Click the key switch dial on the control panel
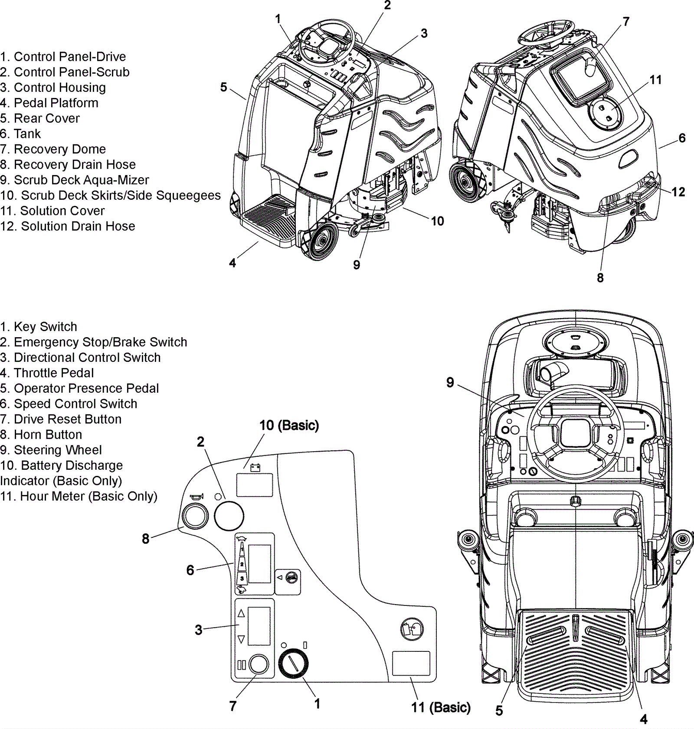(x=293, y=664)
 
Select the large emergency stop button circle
(x=229, y=516)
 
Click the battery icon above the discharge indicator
(x=255, y=467)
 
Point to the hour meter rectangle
(x=411, y=663)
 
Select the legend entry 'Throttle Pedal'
(x=54, y=373)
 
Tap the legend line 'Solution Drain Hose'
(x=78, y=226)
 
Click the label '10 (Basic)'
(x=289, y=426)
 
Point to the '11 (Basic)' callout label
(x=441, y=707)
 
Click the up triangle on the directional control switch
(x=242, y=613)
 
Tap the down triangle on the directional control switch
(x=242, y=639)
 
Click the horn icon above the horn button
(x=196, y=498)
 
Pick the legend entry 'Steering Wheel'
(x=58, y=450)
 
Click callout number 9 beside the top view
(x=450, y=382)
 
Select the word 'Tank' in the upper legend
(x=27, y=134)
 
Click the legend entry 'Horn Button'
(x=48, y=435)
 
